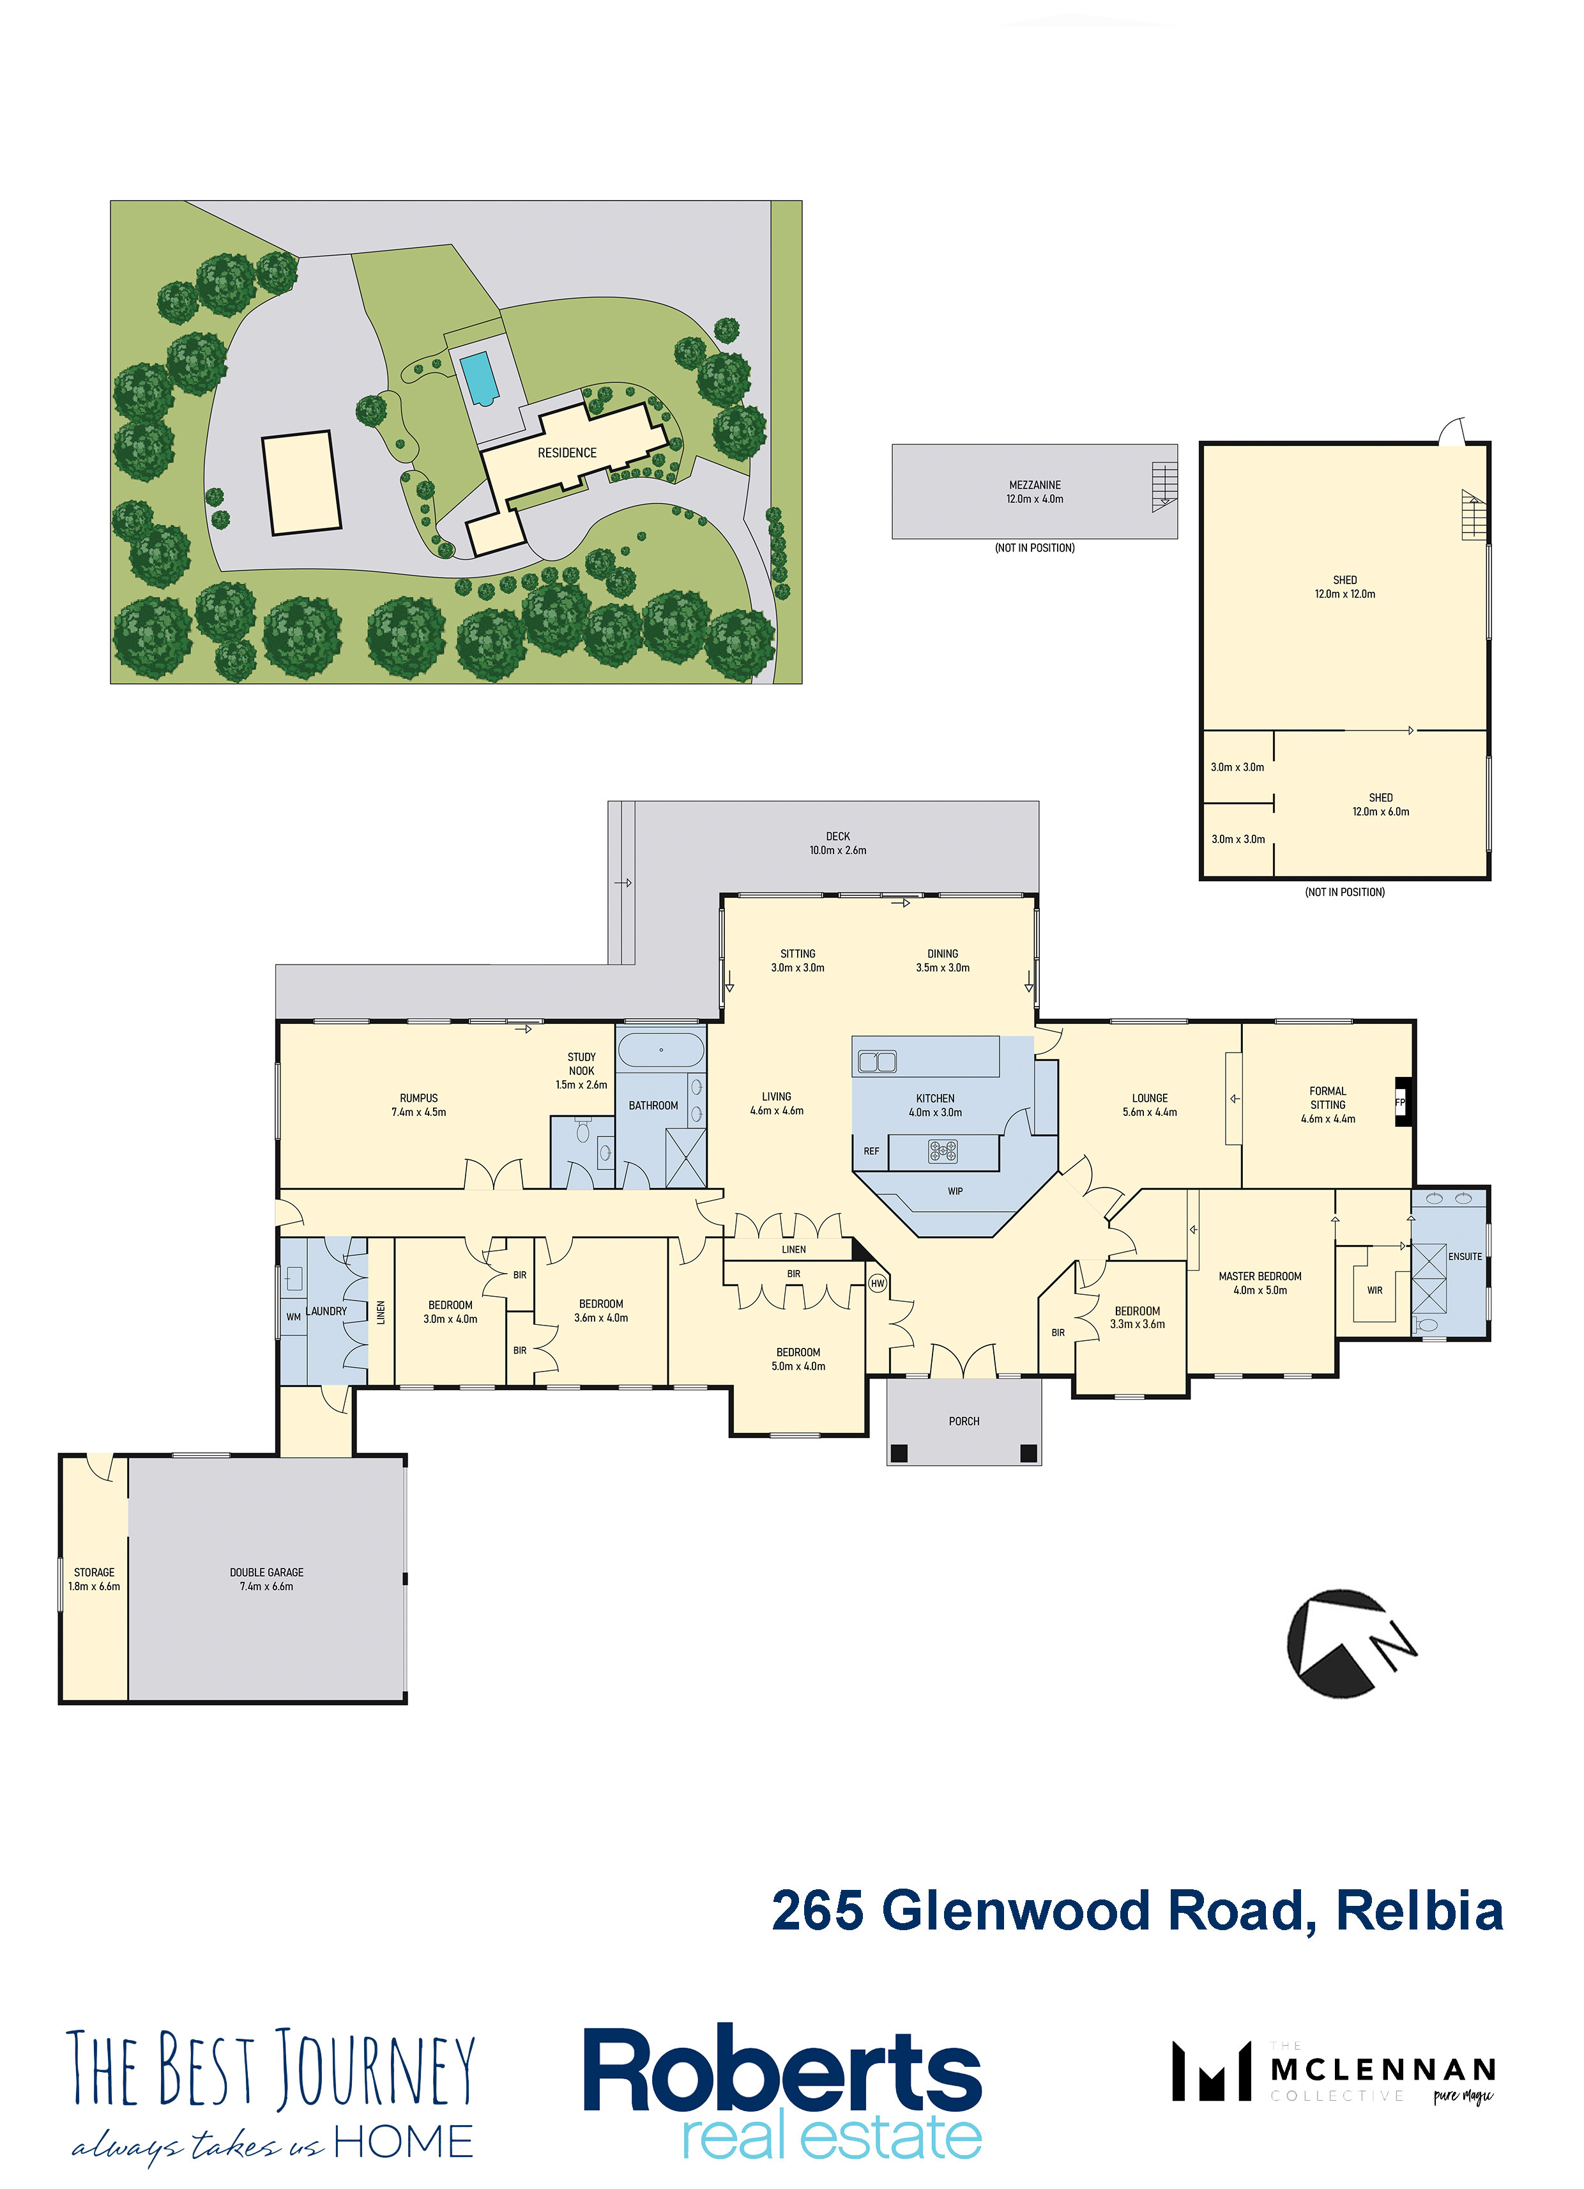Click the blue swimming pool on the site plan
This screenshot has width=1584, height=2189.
pos(478,378)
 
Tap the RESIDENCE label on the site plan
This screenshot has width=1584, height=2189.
pos(567,452)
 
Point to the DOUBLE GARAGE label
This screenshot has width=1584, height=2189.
pos(266,1572)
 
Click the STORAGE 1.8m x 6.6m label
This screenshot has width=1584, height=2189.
pos(95,1579)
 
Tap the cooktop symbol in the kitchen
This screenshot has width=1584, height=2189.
pos(943,1150)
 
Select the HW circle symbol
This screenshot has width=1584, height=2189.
pos(877,1283)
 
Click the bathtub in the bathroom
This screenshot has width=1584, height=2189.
pos(661,1050)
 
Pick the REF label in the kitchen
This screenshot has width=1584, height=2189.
pos(871,1152)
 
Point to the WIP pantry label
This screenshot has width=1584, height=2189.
pos(955,1191)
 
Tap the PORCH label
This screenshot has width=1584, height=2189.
pos(964,1421)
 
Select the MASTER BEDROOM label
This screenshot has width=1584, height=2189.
pos(1260,1276)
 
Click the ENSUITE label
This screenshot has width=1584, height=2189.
pos(1465,1257)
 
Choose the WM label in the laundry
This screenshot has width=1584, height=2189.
pos(293,1317)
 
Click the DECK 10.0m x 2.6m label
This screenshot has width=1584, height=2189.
pos(837,844)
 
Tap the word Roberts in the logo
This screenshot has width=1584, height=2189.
pos(782,2072)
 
